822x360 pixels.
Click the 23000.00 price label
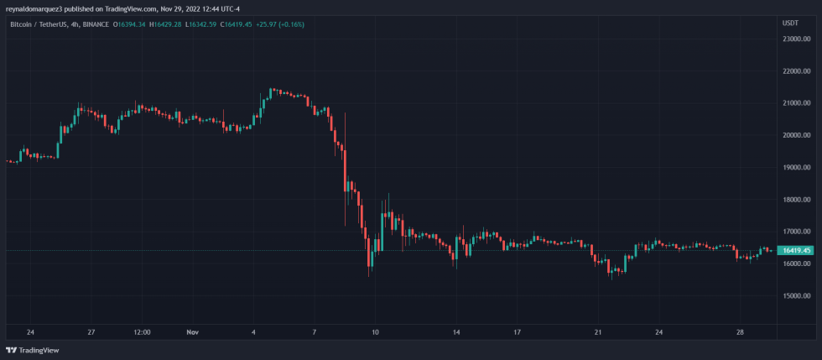coord(795,39)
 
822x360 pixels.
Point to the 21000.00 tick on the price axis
coord(795,103)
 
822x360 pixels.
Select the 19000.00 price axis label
coord(795,167)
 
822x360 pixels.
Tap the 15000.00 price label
coord(795,295)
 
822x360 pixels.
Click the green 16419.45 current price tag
coord(795,250)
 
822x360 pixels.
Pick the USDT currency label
coord(789,23)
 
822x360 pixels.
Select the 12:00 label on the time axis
coord(142,331)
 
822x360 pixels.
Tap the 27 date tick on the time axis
coord(91,331)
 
